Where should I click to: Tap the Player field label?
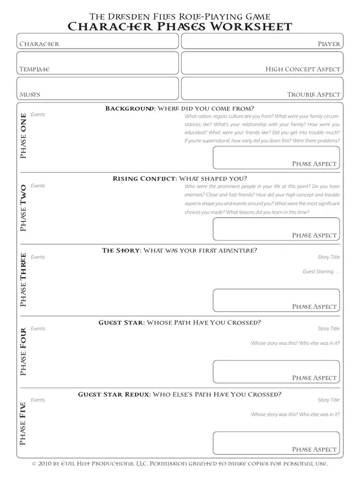[x=329, y=44]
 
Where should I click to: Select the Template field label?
[x=34, y=70]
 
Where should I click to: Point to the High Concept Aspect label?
[x=303, y=70]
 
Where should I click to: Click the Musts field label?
[x=29, y=95]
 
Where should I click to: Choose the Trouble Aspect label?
[x=314, y=95]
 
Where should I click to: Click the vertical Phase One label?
[x=23, y=136]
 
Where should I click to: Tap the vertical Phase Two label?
[x=23, y=207]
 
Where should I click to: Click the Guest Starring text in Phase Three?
[x=321, y=272]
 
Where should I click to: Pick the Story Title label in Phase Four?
[x=328, y=329]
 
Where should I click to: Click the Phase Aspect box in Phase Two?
[x=277, y=229]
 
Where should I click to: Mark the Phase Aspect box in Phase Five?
[x=277, y=443]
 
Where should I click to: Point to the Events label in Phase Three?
[x=38, y=257]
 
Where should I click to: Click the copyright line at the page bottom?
[x=179, y=465]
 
